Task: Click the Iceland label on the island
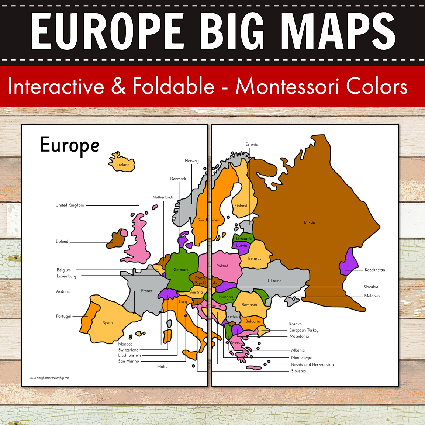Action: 123,165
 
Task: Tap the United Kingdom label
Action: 70,205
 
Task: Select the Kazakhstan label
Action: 374,270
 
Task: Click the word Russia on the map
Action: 310,222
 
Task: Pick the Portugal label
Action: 63,316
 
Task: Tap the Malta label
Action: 162,366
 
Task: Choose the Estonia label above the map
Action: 252,144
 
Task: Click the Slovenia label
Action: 298,371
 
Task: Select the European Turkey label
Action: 304,330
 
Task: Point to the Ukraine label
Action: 274,281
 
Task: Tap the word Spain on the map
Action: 108,323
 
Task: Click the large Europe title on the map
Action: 70,145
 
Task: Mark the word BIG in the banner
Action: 234,31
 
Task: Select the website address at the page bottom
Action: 49,378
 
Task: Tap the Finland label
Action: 241,206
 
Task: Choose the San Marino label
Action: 128,361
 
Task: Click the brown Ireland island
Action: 116,239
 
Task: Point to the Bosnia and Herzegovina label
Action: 312,364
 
